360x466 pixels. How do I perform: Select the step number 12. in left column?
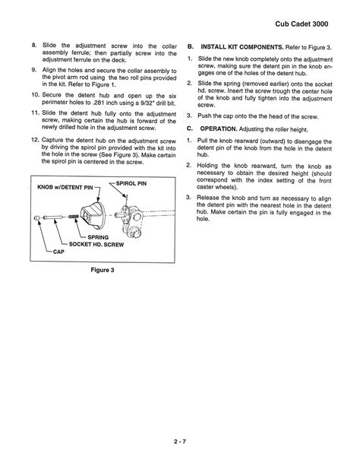pyautogui.click(x=36, y=141)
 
